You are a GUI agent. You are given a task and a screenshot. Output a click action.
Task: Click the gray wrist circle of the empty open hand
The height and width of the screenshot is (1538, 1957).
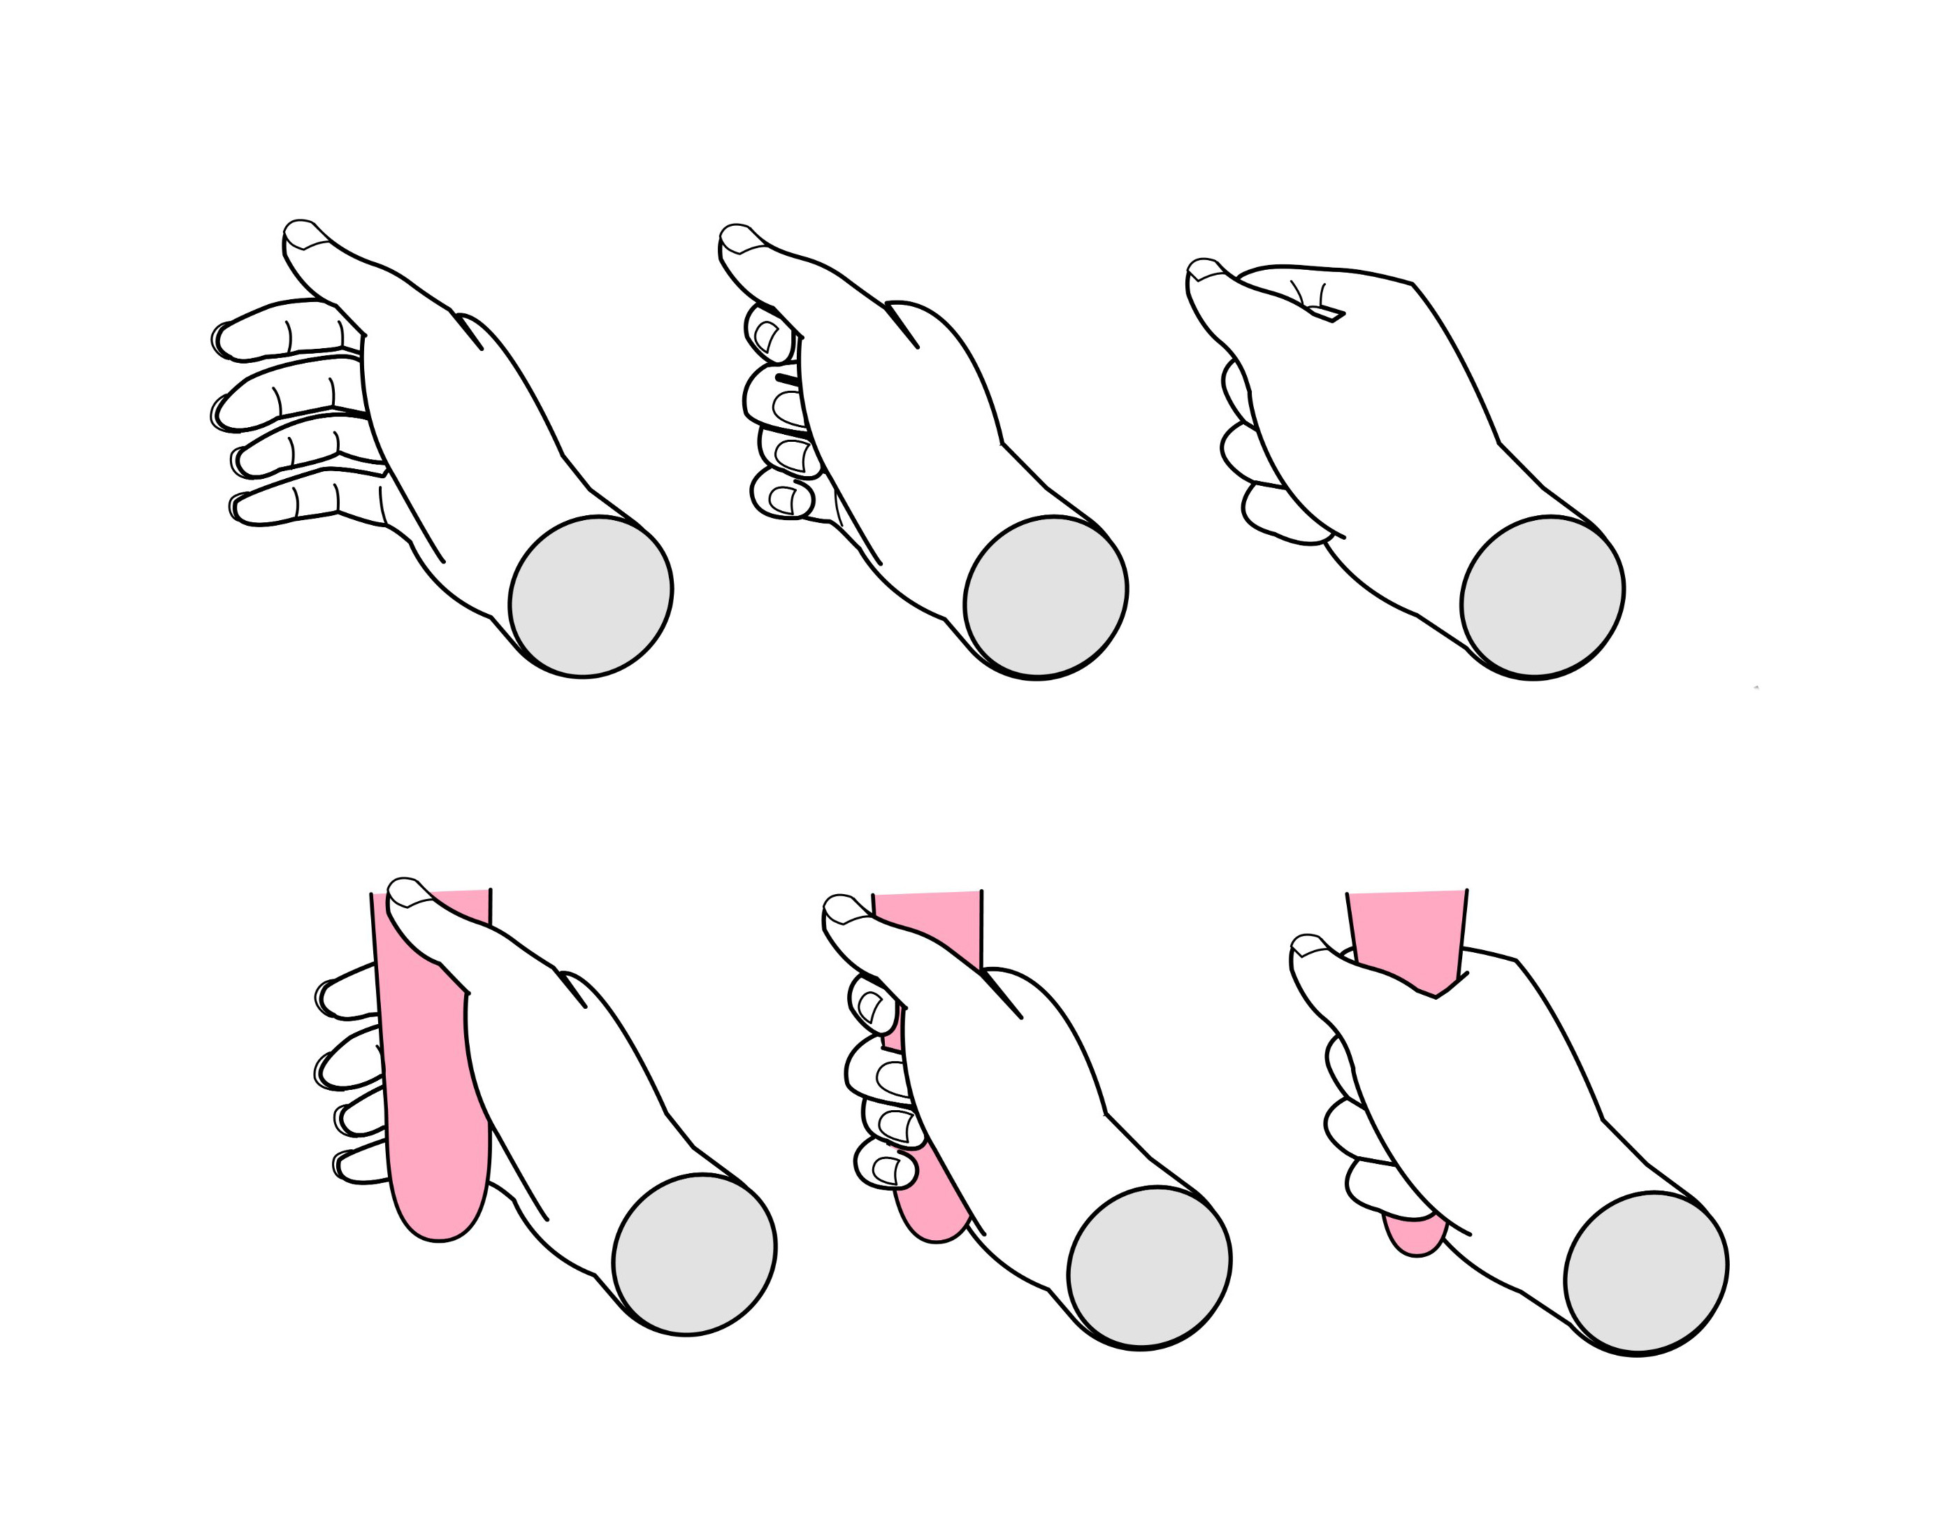[x=591, y=596]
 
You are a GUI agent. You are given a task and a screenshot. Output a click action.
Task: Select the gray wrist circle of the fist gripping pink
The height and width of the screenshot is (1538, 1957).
[x=1645, y=1272]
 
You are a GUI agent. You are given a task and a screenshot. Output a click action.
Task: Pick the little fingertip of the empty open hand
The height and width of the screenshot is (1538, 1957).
[x=241, y=507]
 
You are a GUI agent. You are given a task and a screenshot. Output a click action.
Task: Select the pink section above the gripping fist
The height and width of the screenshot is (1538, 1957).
[x=1407, y=928]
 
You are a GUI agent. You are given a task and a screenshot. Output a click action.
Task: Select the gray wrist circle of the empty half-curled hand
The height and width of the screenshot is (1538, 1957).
[x=1045, y=596]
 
